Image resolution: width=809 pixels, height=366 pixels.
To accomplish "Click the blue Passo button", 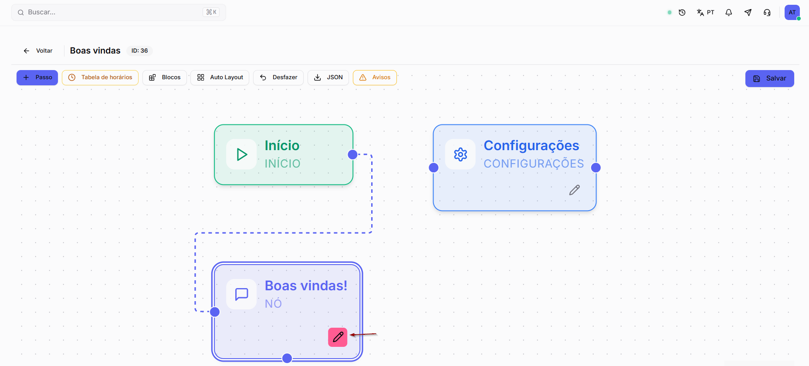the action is [x=37, y=77].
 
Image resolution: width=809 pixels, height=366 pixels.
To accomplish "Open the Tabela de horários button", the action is [x=100, y=77].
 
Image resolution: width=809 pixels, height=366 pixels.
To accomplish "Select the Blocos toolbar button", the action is [x=165, y=77].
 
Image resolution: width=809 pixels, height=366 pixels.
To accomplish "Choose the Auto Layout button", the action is [x=220, y=77].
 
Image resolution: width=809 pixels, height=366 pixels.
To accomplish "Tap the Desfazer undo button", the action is [x=278, y=77].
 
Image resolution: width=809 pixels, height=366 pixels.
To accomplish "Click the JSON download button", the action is [x=328, y=77].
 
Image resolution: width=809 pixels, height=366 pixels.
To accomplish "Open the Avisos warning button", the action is [x=375, y=77].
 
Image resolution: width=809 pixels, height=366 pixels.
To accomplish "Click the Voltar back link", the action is [x=38, y=51].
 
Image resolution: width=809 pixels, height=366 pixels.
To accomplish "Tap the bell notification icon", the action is [x=728, y=13].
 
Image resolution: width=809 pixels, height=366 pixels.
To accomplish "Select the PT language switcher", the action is [x=705, y=13].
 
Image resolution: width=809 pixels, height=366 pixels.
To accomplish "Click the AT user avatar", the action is [x=792, y=12].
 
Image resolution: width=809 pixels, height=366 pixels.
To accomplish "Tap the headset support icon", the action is [x=767, y=13].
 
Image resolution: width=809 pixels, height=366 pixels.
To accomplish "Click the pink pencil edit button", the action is [x=338, y=337].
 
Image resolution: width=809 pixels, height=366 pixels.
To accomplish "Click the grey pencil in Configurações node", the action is [x=575, y=190].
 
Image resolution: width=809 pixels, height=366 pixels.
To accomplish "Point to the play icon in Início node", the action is [x=242, y=154].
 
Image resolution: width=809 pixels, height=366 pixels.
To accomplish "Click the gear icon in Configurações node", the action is [x=460, y=154].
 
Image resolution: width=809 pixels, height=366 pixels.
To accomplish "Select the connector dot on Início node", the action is [x=353, y=154].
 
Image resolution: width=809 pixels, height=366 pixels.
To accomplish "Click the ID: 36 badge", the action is [x=139, y=51].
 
